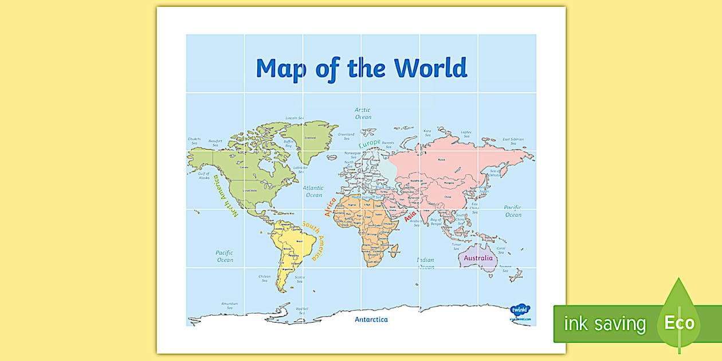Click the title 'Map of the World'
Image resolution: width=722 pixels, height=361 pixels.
[x=362, y=68]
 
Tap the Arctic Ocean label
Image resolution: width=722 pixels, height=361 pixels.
[x=363, y=113]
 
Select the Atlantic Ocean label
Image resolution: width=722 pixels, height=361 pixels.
[x=313, y=191]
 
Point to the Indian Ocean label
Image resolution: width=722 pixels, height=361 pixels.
[x=425, y=263]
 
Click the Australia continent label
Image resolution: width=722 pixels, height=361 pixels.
[x=478, y=258]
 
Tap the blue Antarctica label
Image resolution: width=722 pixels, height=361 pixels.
[x=371, y=319]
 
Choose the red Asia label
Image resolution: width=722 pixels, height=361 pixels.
[x=410, y=216]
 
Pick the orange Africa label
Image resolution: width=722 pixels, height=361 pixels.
[x=331, y=207]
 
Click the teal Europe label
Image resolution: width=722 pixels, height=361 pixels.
[x=370, y=143]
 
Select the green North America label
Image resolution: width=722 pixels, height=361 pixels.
[x=226, y=197]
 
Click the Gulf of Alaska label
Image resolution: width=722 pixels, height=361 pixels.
[x=205, y=176]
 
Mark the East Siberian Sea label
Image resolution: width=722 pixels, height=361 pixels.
[x=513, y=141]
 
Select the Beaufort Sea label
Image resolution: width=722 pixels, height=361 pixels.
[x=215, y=143]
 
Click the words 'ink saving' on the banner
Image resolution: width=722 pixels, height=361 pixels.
[x=605, y=324]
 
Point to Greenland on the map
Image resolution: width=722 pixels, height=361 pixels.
[x=311, y=140]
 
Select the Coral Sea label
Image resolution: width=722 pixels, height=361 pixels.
[x=501, y=250]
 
